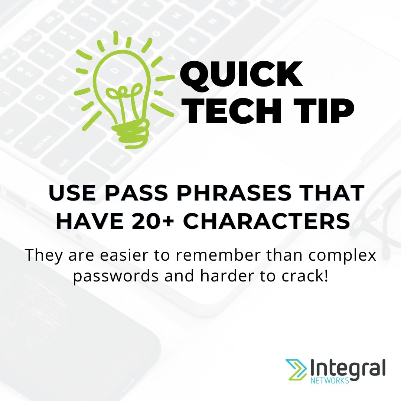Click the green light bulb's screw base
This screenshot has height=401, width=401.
(131, 132)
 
